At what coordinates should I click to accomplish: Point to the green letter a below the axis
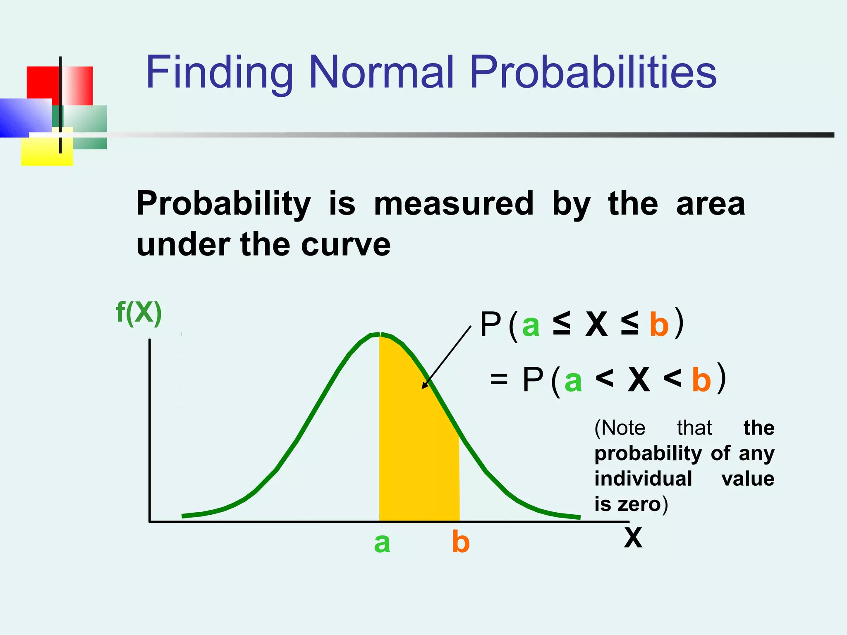382,543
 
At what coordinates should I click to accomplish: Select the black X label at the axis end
633,538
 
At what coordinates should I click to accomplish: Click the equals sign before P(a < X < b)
498,379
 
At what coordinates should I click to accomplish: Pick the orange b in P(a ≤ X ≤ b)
659,325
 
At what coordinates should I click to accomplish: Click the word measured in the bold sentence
453,203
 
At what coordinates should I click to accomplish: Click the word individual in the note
643,479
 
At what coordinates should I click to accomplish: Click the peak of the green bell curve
380,334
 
